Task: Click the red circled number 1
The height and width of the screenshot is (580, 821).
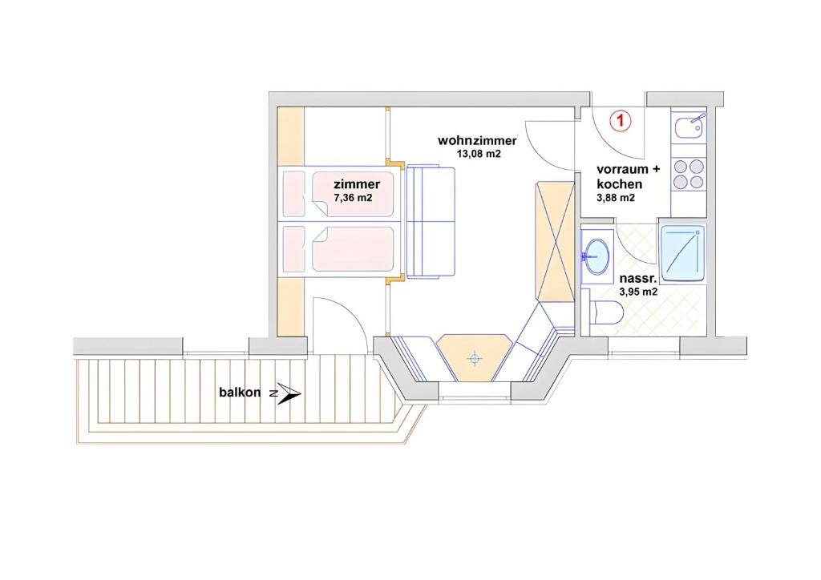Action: (x=621, y=121)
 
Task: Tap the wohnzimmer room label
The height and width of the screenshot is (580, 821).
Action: (x=477, y=140)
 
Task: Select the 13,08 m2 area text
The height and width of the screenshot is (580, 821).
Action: (x=478, y=154)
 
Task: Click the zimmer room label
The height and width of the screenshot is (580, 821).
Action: (x=357, y=184)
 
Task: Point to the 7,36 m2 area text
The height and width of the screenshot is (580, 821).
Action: (x=353, y=197)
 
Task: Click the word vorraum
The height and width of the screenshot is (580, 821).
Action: (x=621, y=170)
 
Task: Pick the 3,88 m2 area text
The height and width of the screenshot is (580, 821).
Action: (x=616, y=198)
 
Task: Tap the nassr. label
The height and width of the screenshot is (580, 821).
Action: (x=638, y=279)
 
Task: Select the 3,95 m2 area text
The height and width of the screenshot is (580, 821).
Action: (x=638, y=292)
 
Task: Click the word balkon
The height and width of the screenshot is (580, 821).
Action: (x=239, y=392)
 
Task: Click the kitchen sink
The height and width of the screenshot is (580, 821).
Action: (x=690, y=127)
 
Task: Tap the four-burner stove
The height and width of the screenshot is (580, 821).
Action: (x=689, y=174)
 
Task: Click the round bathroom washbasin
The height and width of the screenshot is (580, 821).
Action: (x=596, y=255)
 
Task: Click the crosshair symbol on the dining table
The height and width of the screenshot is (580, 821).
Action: (x=475, y=359)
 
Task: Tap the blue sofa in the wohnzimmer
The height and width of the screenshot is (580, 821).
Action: (x=431, y=221)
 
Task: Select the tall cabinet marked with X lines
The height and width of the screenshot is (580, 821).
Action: (x=554, y=240)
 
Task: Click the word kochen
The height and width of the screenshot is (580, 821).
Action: (x=620, y=184)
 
